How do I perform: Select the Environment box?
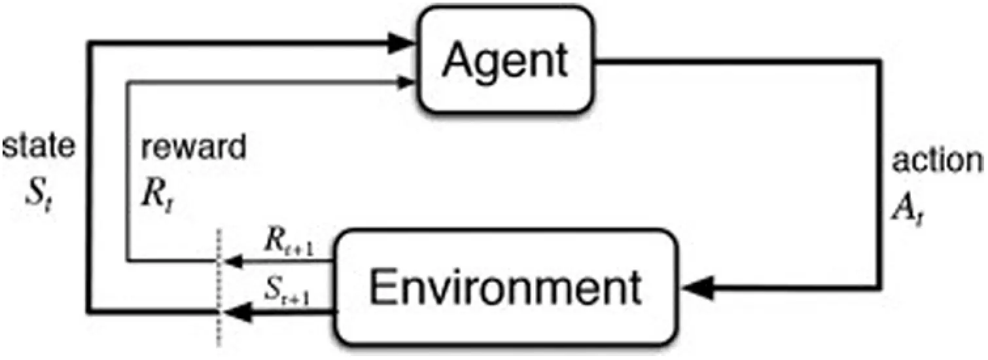point(506,287)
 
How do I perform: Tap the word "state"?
point(39,146)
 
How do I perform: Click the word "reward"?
point(193,147)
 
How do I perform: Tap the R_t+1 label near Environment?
point(289,243)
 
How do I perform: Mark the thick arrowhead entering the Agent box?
point(400,43)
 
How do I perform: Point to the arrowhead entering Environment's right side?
point(697,289)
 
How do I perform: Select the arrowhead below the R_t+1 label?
point(234,262)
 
